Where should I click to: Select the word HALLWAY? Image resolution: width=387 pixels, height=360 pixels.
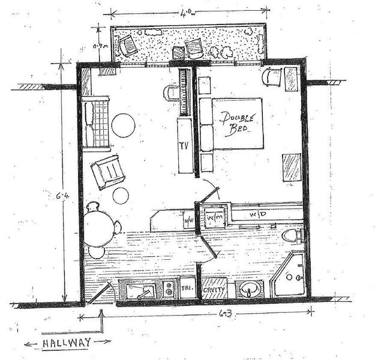pyautogui.click(x=67, y=343)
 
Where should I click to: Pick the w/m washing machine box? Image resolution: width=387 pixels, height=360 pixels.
pyautogui.click(x=214, y=217)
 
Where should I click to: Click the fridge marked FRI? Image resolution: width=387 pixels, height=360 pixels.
pyautogui.click(x=186, y=289)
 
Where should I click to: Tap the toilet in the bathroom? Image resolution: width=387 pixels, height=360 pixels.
pyautogui.click(x=292, y=235)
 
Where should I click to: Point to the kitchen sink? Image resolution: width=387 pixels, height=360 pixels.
pyautogui.click(x=140, y=291)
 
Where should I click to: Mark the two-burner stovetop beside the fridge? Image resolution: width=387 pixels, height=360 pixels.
pyautogui.click(x=169, y=290)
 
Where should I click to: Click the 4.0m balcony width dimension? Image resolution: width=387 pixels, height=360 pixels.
pyautogui.click(x=187, y=12)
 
